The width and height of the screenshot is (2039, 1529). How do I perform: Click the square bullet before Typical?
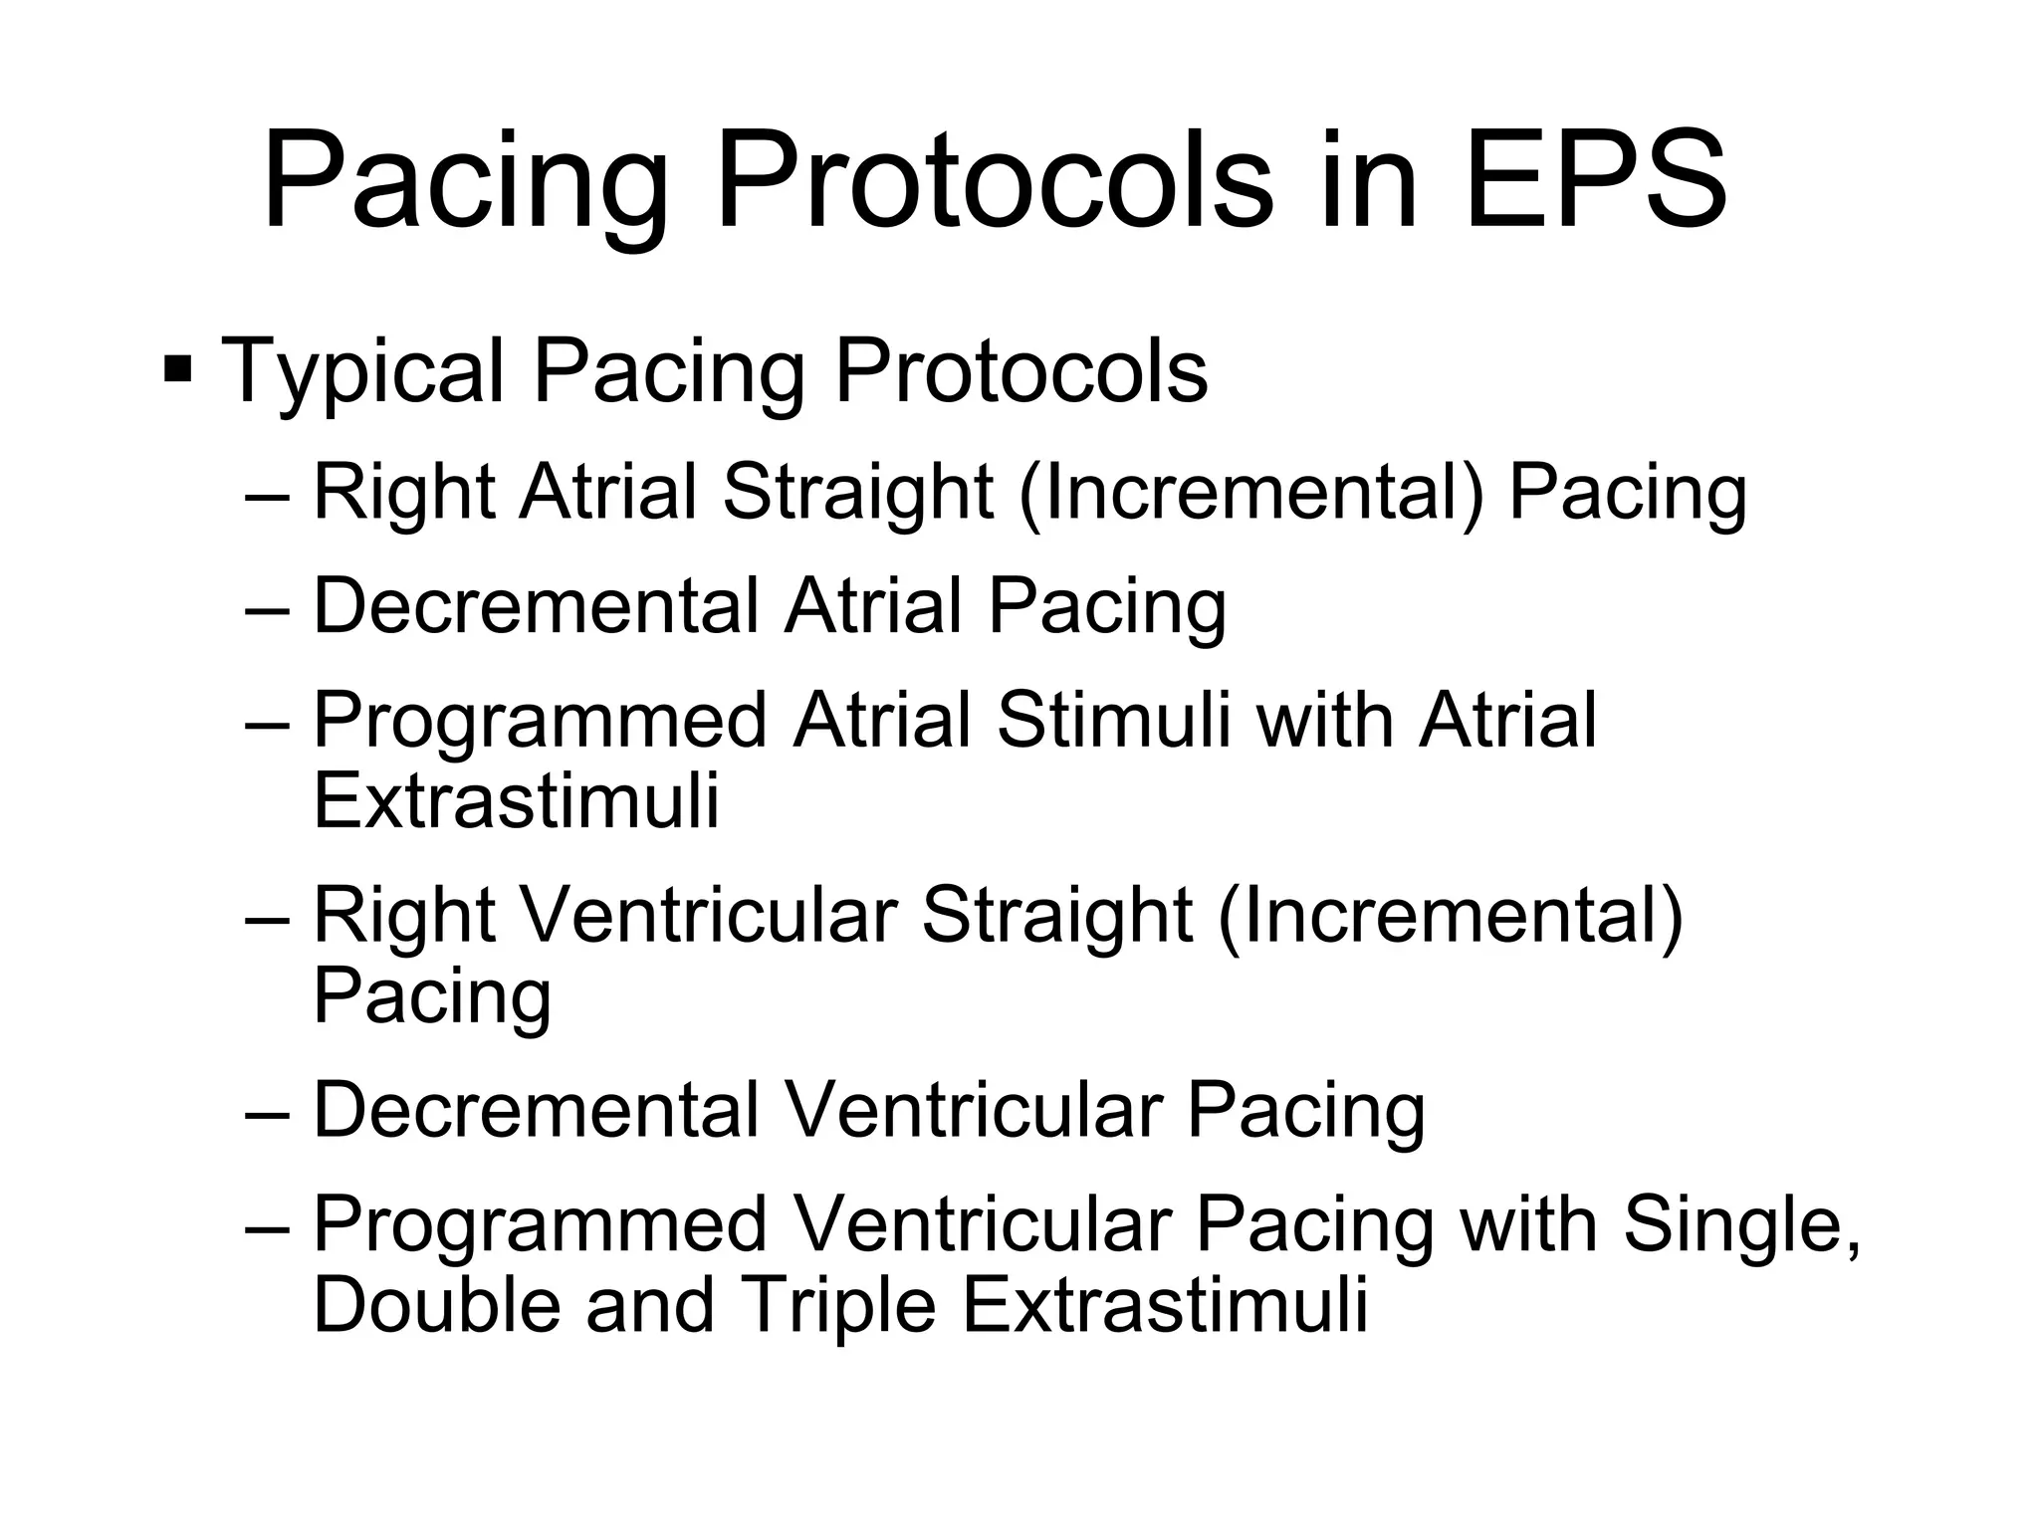click(x=178, y=369)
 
